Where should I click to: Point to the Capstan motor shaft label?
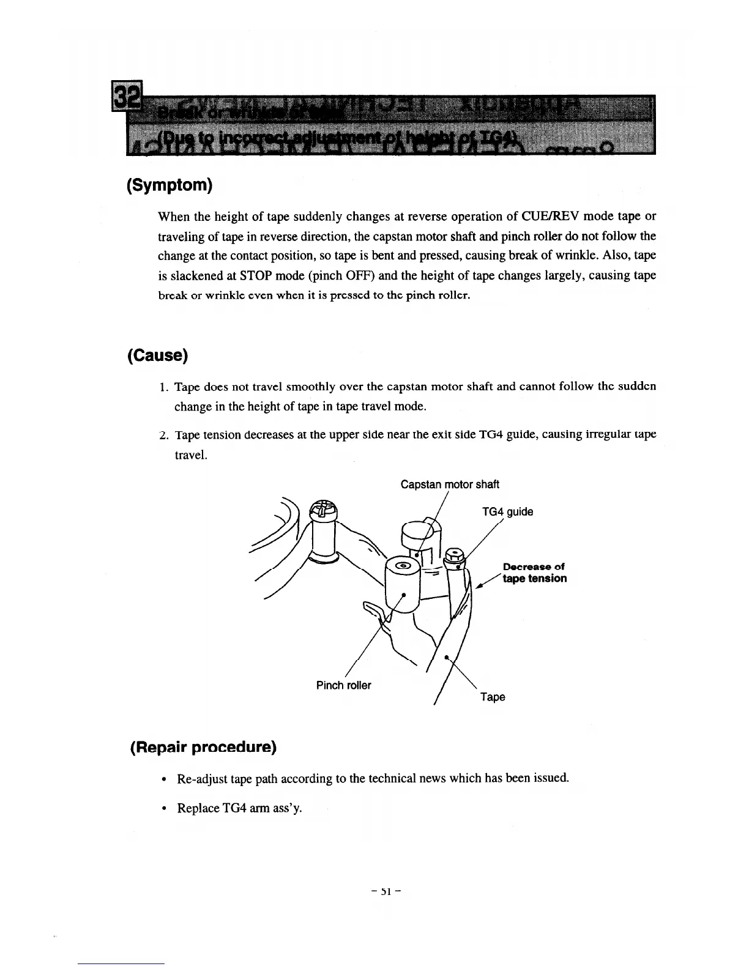pyautogui.click(x=450, y=484)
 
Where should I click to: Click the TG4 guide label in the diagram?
pyautogui.click(x=507, y=511)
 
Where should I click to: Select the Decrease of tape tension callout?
pyautogui.click(x=534, y=573)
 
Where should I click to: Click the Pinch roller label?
pyautogui.click(x=343, y=685)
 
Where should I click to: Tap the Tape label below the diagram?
pyautogui.click(x=493, y=697)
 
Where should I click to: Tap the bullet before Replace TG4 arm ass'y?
pyautogui.click(x=163, y=809)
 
